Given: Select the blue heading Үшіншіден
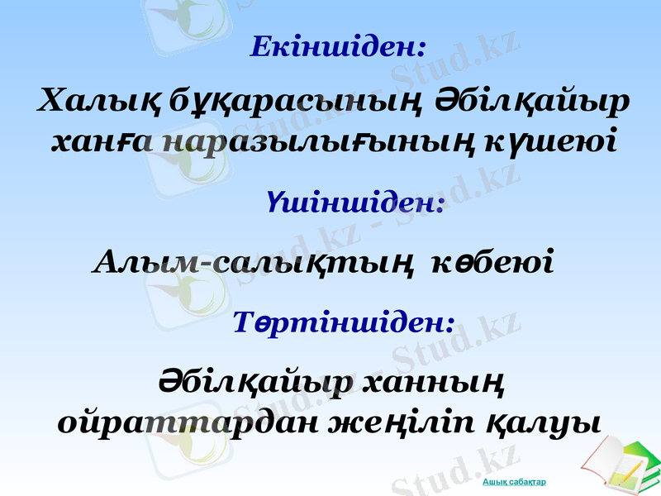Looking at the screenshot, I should click(356, 203).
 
